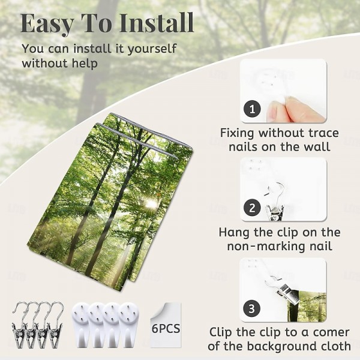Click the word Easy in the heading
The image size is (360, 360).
click(47, 24)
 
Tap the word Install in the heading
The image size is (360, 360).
click(157, 23)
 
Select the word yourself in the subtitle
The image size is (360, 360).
click(152, 49)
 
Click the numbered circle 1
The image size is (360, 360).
click(253, 109)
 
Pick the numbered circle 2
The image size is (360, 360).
click(253, 208)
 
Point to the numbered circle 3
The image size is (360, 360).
click(252, 308)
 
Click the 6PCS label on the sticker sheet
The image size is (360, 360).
click(166, 328)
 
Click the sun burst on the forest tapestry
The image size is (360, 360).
click(151, 203)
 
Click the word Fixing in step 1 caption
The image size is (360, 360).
click(237, 134)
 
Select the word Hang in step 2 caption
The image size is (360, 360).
click(235, 232)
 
